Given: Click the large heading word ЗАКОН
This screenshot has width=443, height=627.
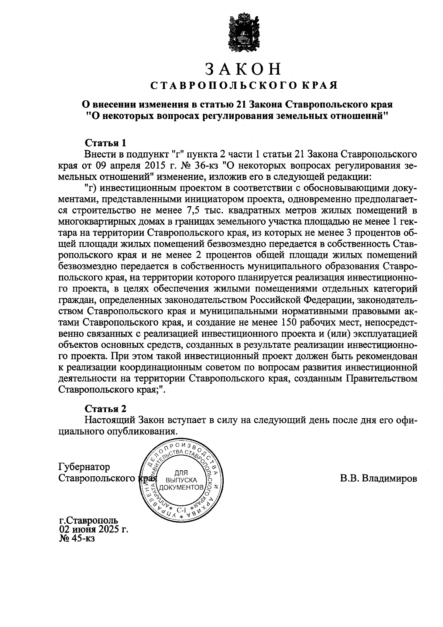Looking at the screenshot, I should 243,69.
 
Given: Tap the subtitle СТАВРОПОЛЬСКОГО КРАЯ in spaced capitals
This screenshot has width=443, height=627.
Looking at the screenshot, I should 243,86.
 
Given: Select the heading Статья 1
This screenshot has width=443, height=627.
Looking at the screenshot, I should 106,143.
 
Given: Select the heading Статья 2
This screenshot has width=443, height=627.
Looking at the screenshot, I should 106,409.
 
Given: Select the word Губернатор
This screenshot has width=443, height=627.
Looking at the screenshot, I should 84,467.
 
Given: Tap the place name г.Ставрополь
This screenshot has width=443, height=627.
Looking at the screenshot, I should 89,521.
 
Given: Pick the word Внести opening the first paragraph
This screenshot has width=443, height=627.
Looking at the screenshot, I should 97,154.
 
